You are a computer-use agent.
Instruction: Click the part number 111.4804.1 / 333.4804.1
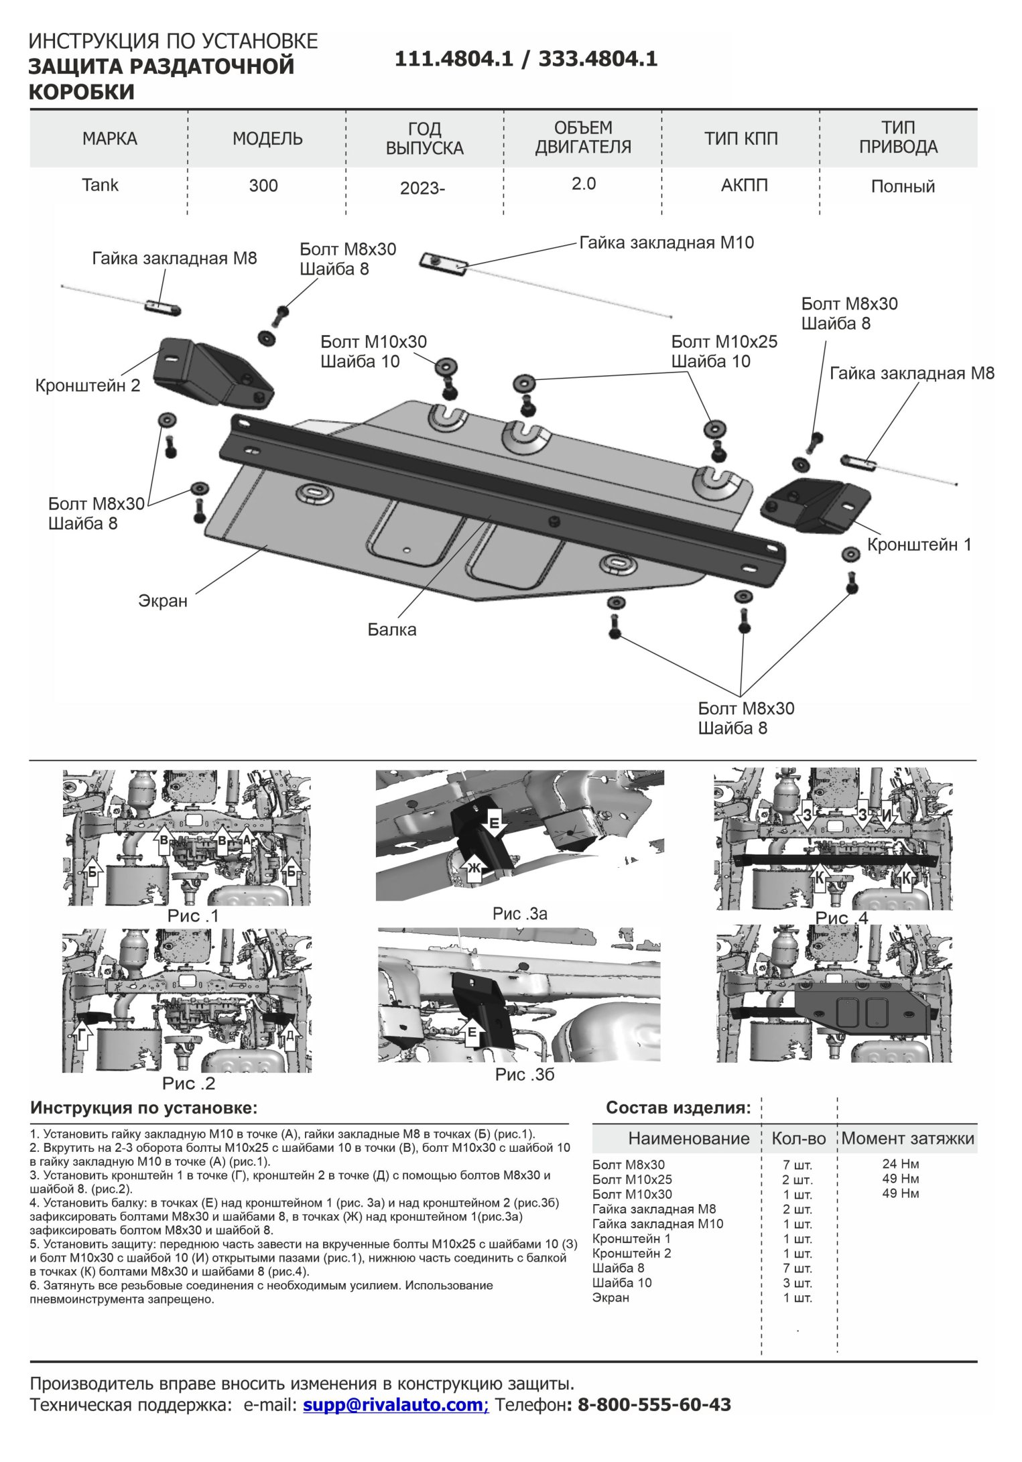pos(526,60)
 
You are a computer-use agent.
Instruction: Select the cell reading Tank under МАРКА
pos(100,185)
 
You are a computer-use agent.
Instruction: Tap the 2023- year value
pos(422,188)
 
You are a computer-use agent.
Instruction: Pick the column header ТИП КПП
pos(741,139)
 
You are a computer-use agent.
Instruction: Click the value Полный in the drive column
pos(902,186)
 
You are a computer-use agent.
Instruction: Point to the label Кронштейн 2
pos(88,385)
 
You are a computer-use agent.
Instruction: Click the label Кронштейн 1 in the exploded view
pos(919,544)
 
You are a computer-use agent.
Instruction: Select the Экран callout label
pos(163,600)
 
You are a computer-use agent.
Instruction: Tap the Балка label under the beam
pos(392,629)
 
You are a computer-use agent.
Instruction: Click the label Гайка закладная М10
pos(666,243)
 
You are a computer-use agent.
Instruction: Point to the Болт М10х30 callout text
pos(373,342)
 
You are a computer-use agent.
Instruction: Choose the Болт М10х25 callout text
pos(724,342)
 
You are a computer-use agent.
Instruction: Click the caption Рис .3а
pos(520,913)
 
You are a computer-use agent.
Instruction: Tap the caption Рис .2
pos(188,1083)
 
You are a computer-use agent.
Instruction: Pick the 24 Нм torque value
pos(900,1164)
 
